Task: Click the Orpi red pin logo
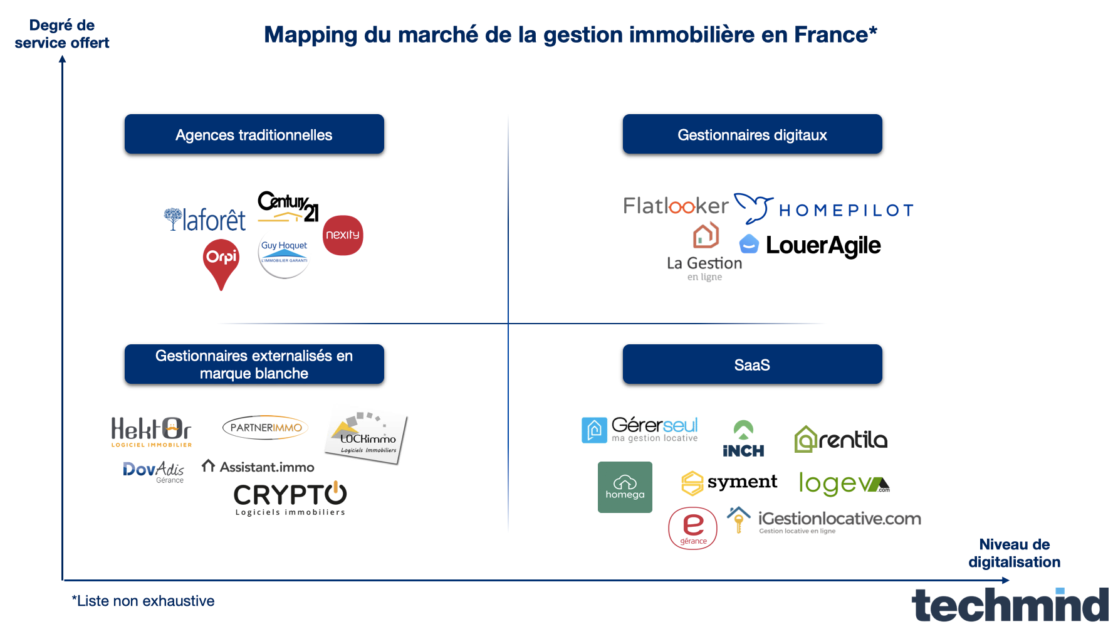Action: tap(221, 262)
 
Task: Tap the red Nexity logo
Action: tap(343, 235)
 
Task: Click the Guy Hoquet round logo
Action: tap(284, 256)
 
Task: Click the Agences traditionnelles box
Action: tap(254, 134)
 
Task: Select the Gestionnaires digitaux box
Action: tap(752, 134)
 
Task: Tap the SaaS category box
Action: tap(752, 364)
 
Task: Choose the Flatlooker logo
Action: tap(676, 206)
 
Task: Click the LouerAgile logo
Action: tap(811, 245)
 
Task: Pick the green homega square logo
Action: tap(625, 487)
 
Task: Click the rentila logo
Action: tap(841, 439)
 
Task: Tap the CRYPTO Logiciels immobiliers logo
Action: tap(290, 499)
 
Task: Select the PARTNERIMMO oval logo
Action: tap(265, 428)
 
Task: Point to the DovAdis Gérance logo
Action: tap(154, 472)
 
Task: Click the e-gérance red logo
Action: tap(692, 528)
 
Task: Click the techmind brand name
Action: tap(1010, 605)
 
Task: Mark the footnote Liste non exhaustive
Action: tap(144, 601)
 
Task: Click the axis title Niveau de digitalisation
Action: tap(1014, 553)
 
